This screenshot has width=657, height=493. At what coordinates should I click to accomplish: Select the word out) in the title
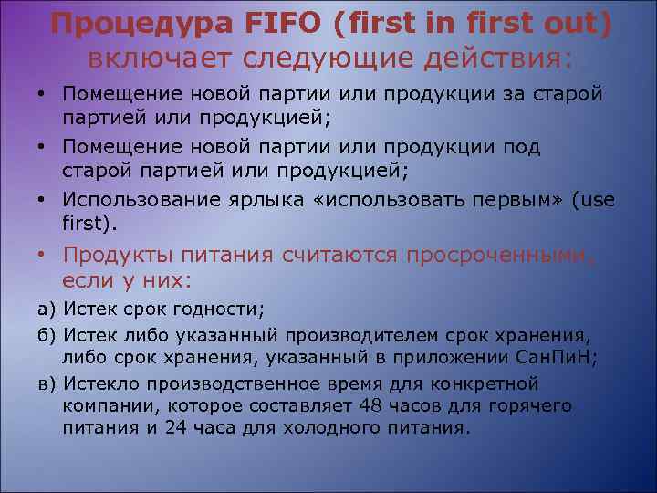click(x=577, y=24)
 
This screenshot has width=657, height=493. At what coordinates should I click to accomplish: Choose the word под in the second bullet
click(x=522, y=147)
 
